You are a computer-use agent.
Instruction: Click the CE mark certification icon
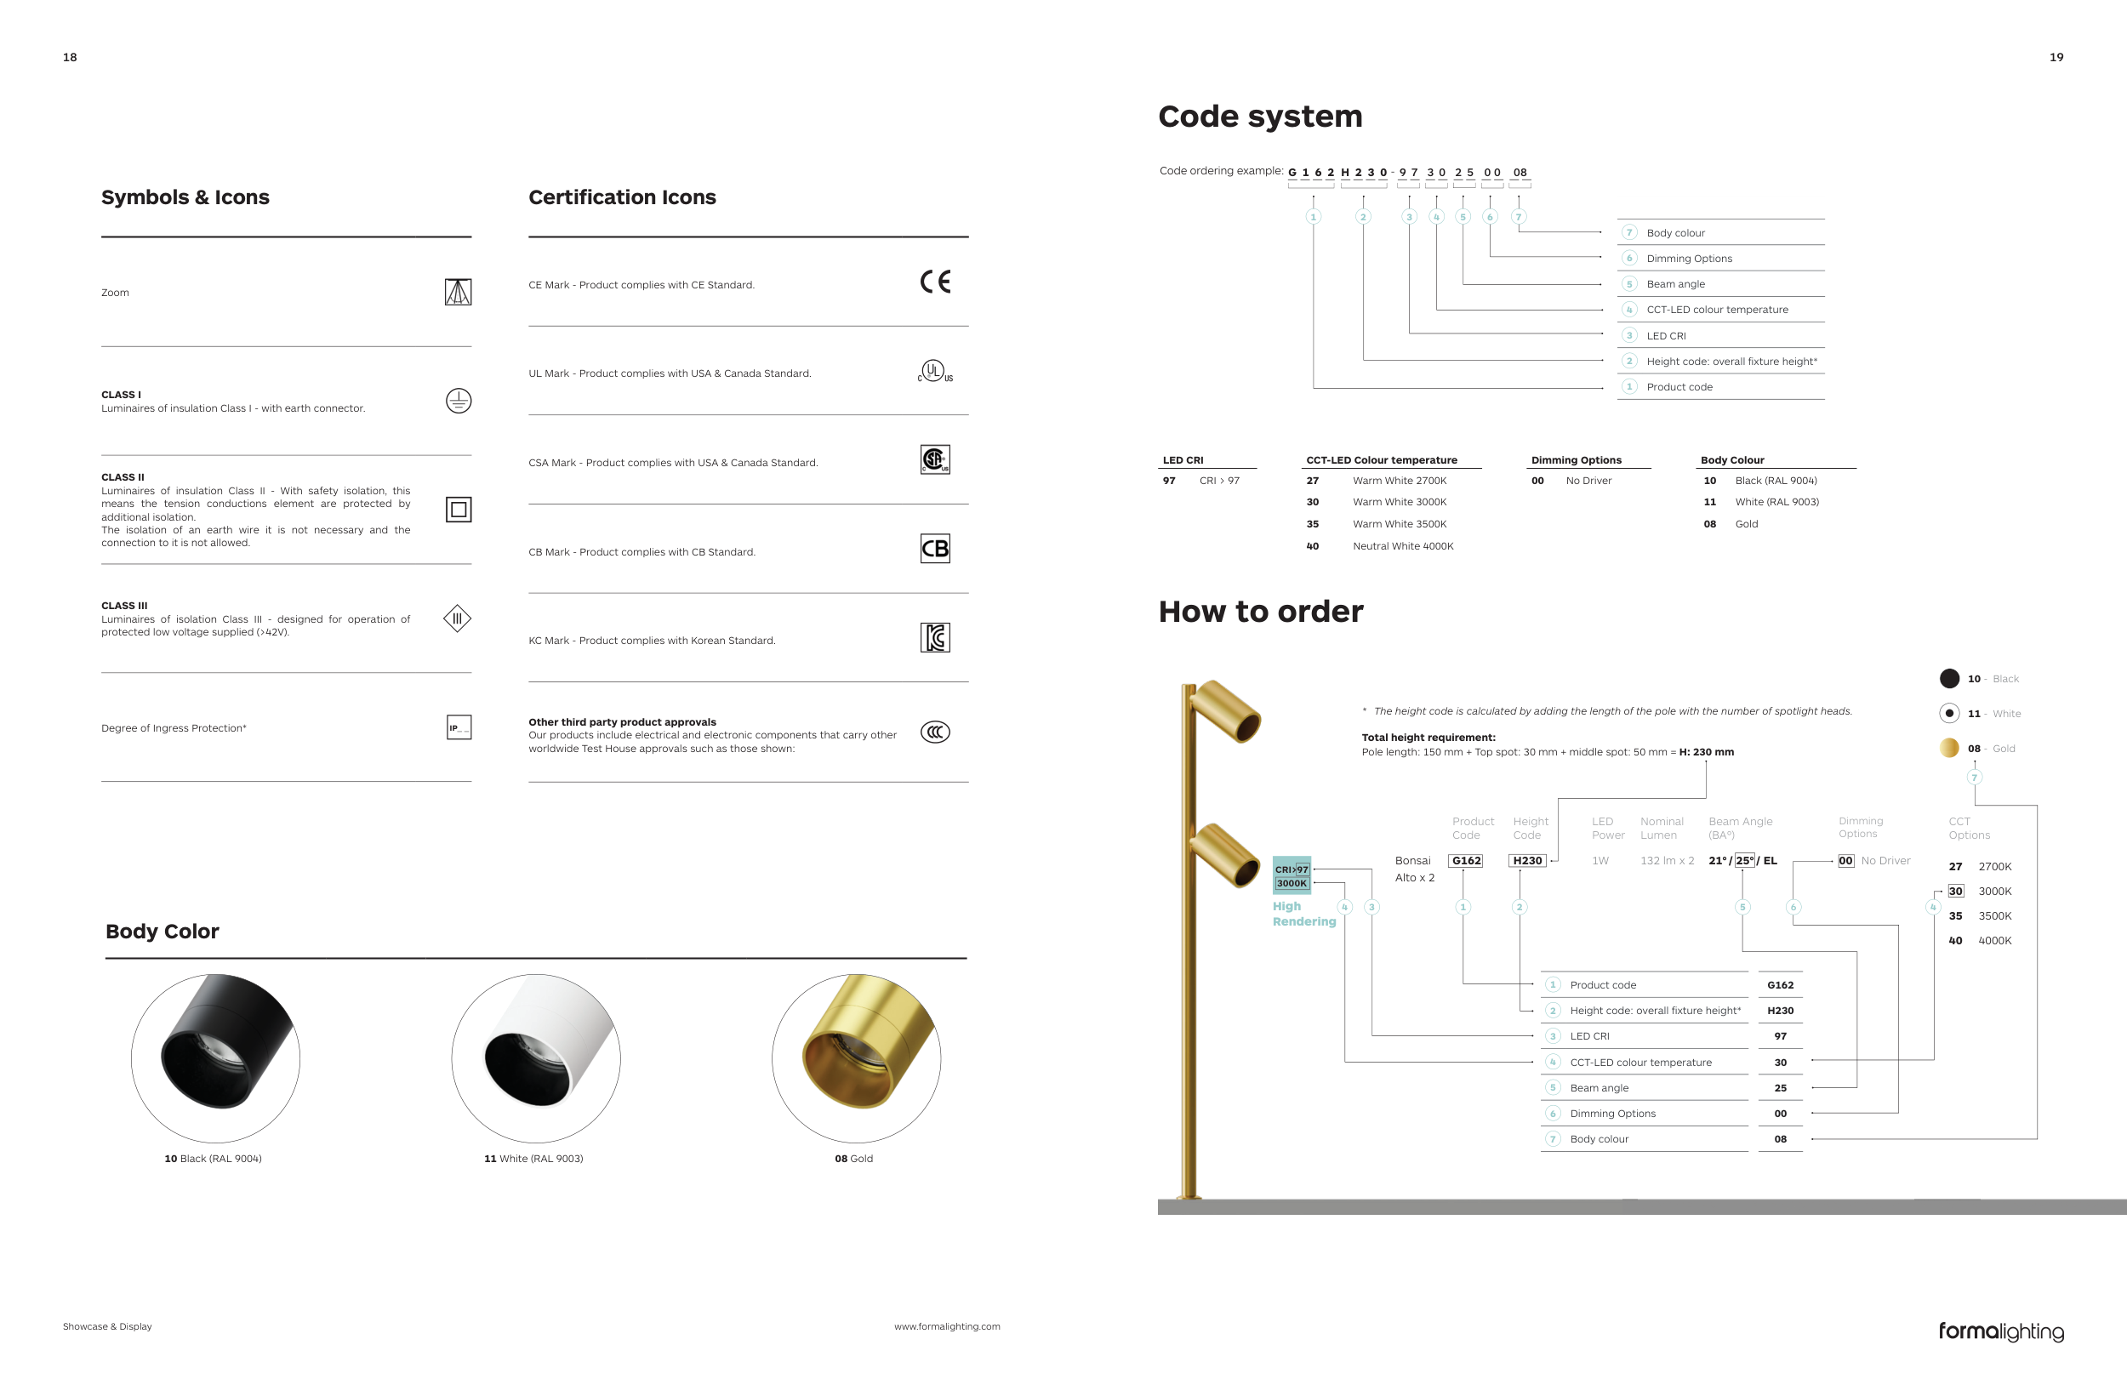[935, 282]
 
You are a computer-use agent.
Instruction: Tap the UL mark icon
[934, 372]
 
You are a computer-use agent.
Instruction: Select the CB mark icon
[935, 549]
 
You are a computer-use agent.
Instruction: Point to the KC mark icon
[935, 638]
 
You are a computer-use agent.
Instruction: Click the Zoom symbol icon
[458, 292]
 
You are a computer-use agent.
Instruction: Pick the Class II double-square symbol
[459, 510]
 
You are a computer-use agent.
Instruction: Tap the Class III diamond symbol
[457, 618]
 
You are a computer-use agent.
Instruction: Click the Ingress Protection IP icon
[459, 727]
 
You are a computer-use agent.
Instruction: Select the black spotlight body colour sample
[215, 1058]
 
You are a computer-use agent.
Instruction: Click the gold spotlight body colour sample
[856, 1058]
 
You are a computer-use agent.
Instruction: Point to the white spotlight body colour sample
[535, 1058]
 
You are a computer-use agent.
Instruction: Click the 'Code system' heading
[1260, 117]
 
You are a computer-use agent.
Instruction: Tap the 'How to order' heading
[1260, 612]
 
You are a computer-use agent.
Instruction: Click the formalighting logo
[2001, 1331]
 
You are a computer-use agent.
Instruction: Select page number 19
[2056, 57]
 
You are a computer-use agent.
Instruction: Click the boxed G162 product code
[1466, 860]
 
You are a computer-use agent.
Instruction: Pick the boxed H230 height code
[1527, 860]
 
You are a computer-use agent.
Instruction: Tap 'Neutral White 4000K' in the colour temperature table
[1402, 546]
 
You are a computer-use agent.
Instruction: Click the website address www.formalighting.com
[946, 1327]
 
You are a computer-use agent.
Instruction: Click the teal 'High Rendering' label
[1303, 914]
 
